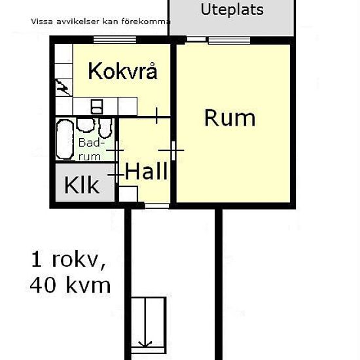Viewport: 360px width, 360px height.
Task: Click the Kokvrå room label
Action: click(122, 71)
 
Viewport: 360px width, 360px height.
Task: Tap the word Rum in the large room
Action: click(230, 118)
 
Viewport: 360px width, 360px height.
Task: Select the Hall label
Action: click(146, 172)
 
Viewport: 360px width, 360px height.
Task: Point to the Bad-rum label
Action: click(90, 149)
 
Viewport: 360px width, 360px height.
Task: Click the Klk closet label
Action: click(82, 186)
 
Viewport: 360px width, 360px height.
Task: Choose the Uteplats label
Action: click(232, 10)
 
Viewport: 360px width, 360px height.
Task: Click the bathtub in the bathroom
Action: click(65, 140)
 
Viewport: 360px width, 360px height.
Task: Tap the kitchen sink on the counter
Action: click(97, 106)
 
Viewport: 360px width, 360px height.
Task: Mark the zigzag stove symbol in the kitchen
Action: click(63, 86)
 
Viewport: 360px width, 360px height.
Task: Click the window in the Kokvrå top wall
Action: click(114, 40)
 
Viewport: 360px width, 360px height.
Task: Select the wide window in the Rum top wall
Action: click(229, 40)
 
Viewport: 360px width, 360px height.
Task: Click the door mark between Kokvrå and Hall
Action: click(157, 116)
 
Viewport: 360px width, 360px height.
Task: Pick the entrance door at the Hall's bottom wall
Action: click(156, 206)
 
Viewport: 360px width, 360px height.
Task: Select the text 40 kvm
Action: click(70, 285)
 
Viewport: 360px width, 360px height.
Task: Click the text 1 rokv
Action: click(68, 260)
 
